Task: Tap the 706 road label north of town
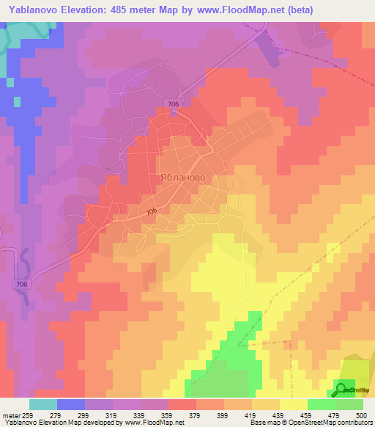(x=173, y=104)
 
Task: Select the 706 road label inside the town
(x=151, y=213)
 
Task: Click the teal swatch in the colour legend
(x=42, y=404)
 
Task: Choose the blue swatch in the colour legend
(x=70, y=404)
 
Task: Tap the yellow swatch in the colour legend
(x=293, y=404)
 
